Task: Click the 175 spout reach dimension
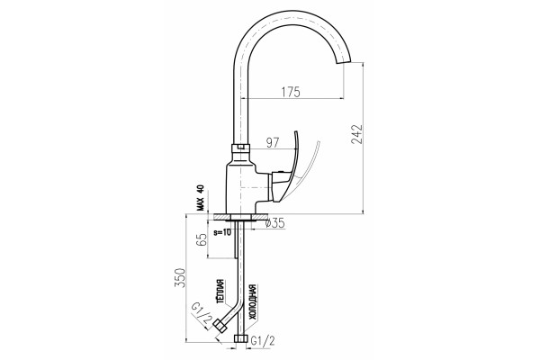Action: click(291, 92)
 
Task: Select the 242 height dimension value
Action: click(356, 134)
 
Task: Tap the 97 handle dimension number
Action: click(273, 142)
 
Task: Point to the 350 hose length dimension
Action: click(180, 278)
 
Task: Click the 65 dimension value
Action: click(202, 239)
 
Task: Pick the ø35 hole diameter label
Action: click(275, 223)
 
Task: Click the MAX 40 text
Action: click(201, 198)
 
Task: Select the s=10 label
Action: click(222, 232)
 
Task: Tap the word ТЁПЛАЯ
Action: click(220, 292)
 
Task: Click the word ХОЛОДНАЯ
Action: click(253, 302)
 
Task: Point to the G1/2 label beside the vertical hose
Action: click(263, 341)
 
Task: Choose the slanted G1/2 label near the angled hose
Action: click(201, 314)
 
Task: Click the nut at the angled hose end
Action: click(220, 326)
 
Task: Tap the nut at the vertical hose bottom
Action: click(240, 338)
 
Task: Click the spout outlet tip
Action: click(344, 62)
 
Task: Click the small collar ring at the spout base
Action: click(240, 148)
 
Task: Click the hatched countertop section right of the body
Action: click(260, 217)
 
